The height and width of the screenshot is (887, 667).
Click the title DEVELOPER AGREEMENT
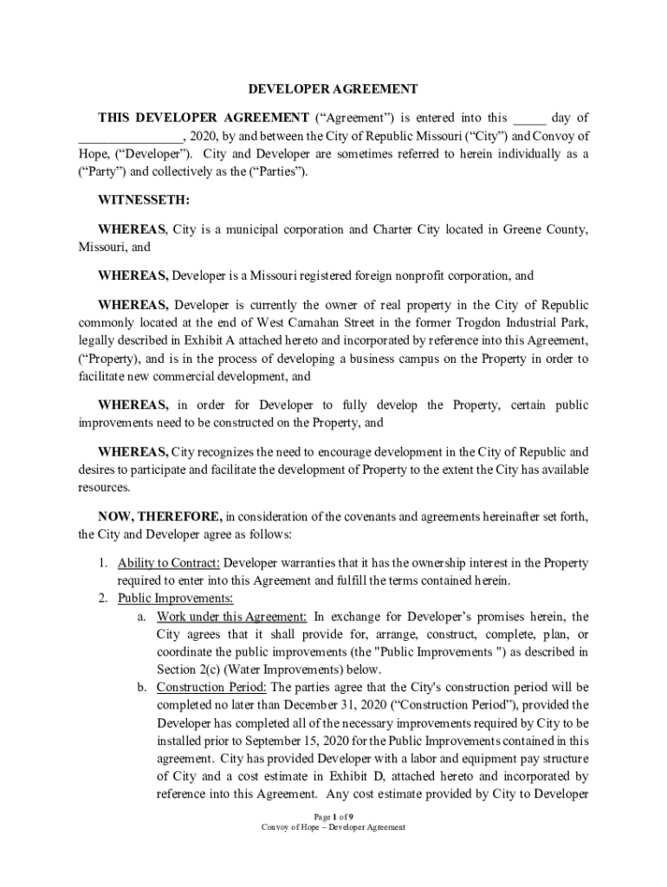[333, 89]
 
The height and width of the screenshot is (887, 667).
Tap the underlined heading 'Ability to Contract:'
[169, 563]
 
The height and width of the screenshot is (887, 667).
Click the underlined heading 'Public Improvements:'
[175, 599]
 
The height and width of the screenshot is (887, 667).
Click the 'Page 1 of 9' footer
[333, 816]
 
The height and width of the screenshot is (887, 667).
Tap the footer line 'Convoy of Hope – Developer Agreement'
[333, 827]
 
